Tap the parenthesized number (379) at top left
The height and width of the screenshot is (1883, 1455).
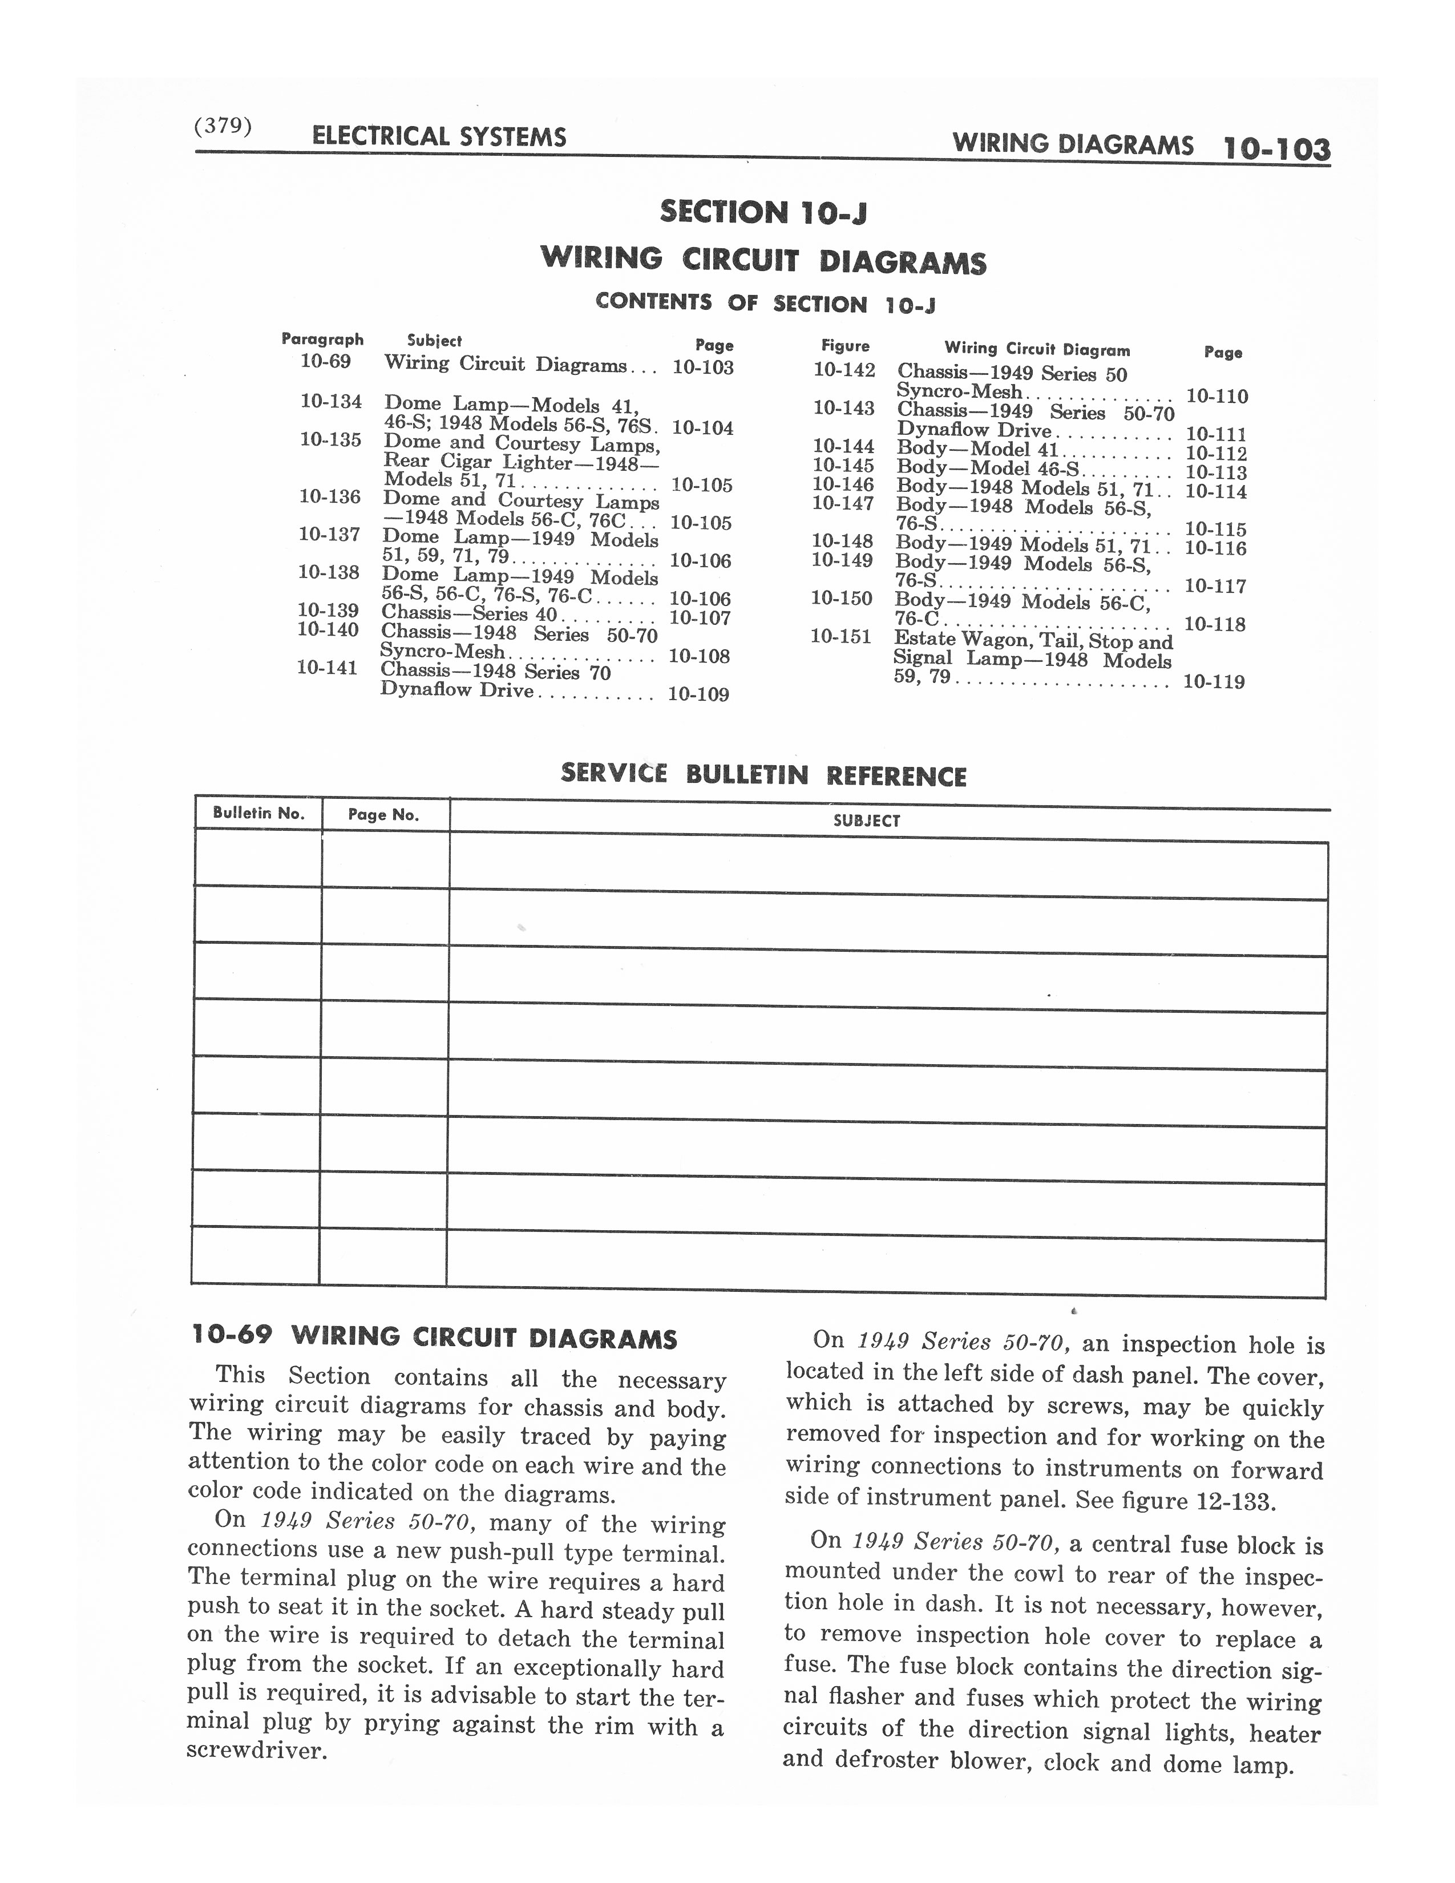coord(223,126)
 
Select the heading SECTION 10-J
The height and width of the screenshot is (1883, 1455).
coord(763,212)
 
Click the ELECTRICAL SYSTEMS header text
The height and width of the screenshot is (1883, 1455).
coord(439,136)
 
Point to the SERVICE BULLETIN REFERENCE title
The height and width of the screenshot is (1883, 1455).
coord(763,774)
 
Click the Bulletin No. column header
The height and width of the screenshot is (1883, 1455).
coord(258,813)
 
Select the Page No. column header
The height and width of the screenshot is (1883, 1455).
coord(383,815)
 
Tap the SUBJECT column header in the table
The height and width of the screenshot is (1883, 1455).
coord(866,821)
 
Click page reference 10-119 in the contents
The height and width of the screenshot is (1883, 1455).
coord(1214,682)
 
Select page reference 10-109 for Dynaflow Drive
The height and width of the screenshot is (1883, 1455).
coord(698,694)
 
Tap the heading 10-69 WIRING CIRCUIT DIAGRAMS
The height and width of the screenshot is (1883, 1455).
coord(434,1338)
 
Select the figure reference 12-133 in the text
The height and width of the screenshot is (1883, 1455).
coord(1235,1501)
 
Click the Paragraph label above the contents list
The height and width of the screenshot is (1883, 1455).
coord(322,339)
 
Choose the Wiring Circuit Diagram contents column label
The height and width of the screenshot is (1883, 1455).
coord(1037,349)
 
